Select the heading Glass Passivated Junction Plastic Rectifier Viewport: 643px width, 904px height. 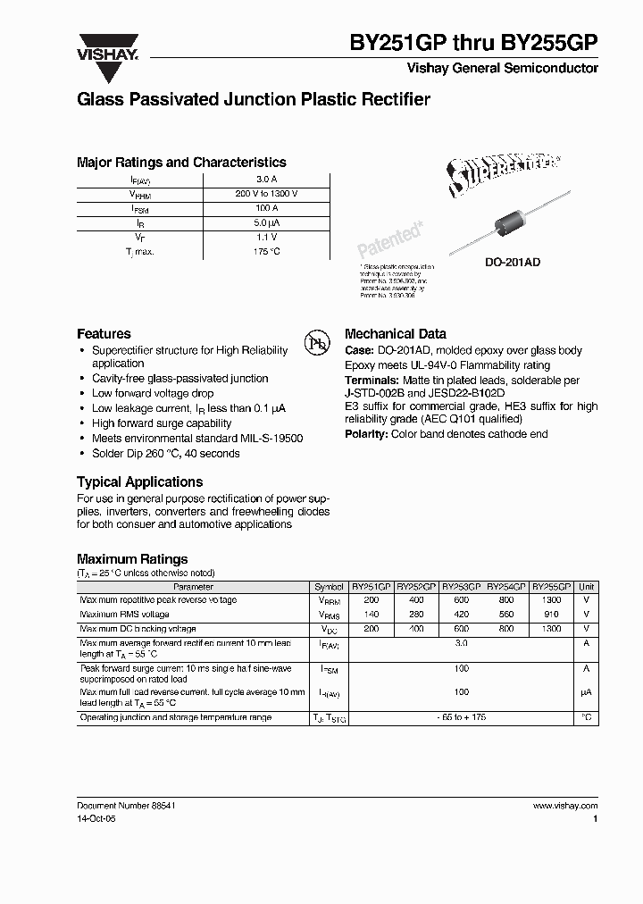tap(254, 100)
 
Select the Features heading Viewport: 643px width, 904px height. tap(104, 333)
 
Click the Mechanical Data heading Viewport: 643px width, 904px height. tap(395, 333)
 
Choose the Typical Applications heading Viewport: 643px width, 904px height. tap(139, 481)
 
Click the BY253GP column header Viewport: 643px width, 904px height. tap(461, 587)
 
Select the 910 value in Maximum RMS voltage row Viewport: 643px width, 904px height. tap(551, 615)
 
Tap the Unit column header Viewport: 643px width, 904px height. tap(587, 587)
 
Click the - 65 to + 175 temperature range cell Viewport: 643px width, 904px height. tap(461, 718)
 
